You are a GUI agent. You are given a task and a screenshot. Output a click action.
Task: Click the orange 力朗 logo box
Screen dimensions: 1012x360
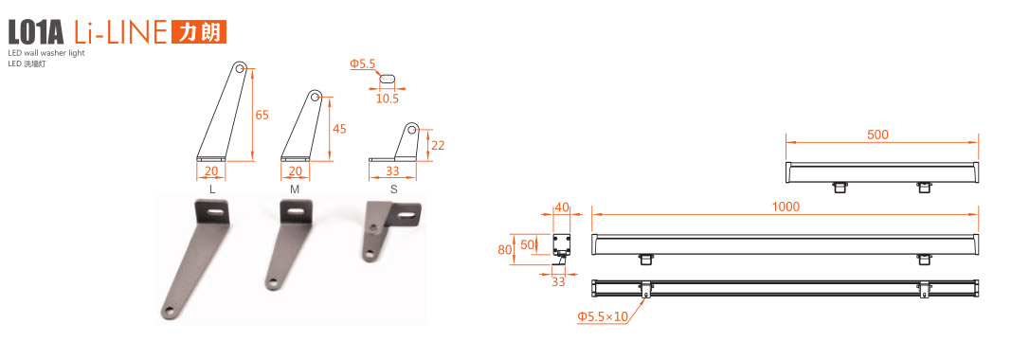pyautogui.click(x=199, y=31)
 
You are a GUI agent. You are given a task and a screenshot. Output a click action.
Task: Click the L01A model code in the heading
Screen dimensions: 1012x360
pyautogui.click(x=36, y=31)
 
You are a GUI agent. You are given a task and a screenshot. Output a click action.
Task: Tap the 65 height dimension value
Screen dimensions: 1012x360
pyautogui.click(x=262, y=116)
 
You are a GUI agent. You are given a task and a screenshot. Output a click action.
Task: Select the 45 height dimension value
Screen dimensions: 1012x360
pyautogui.click(x=339, y=129)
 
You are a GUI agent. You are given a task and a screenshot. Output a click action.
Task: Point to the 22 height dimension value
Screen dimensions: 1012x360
pyautogui.click(x=438, y=145)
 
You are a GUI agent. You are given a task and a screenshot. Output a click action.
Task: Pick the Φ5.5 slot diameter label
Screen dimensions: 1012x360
pyautogui.click(x=363, y=63)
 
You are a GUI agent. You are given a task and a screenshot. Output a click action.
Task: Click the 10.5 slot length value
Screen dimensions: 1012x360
pyautogui.click(x=388, y=99)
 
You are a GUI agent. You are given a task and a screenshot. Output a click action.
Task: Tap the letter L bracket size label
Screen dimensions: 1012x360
pyautogui.click(x=212, y=189)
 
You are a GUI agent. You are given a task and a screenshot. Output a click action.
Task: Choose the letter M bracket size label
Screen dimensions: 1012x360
pyautogui.click(x=295, y=189)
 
